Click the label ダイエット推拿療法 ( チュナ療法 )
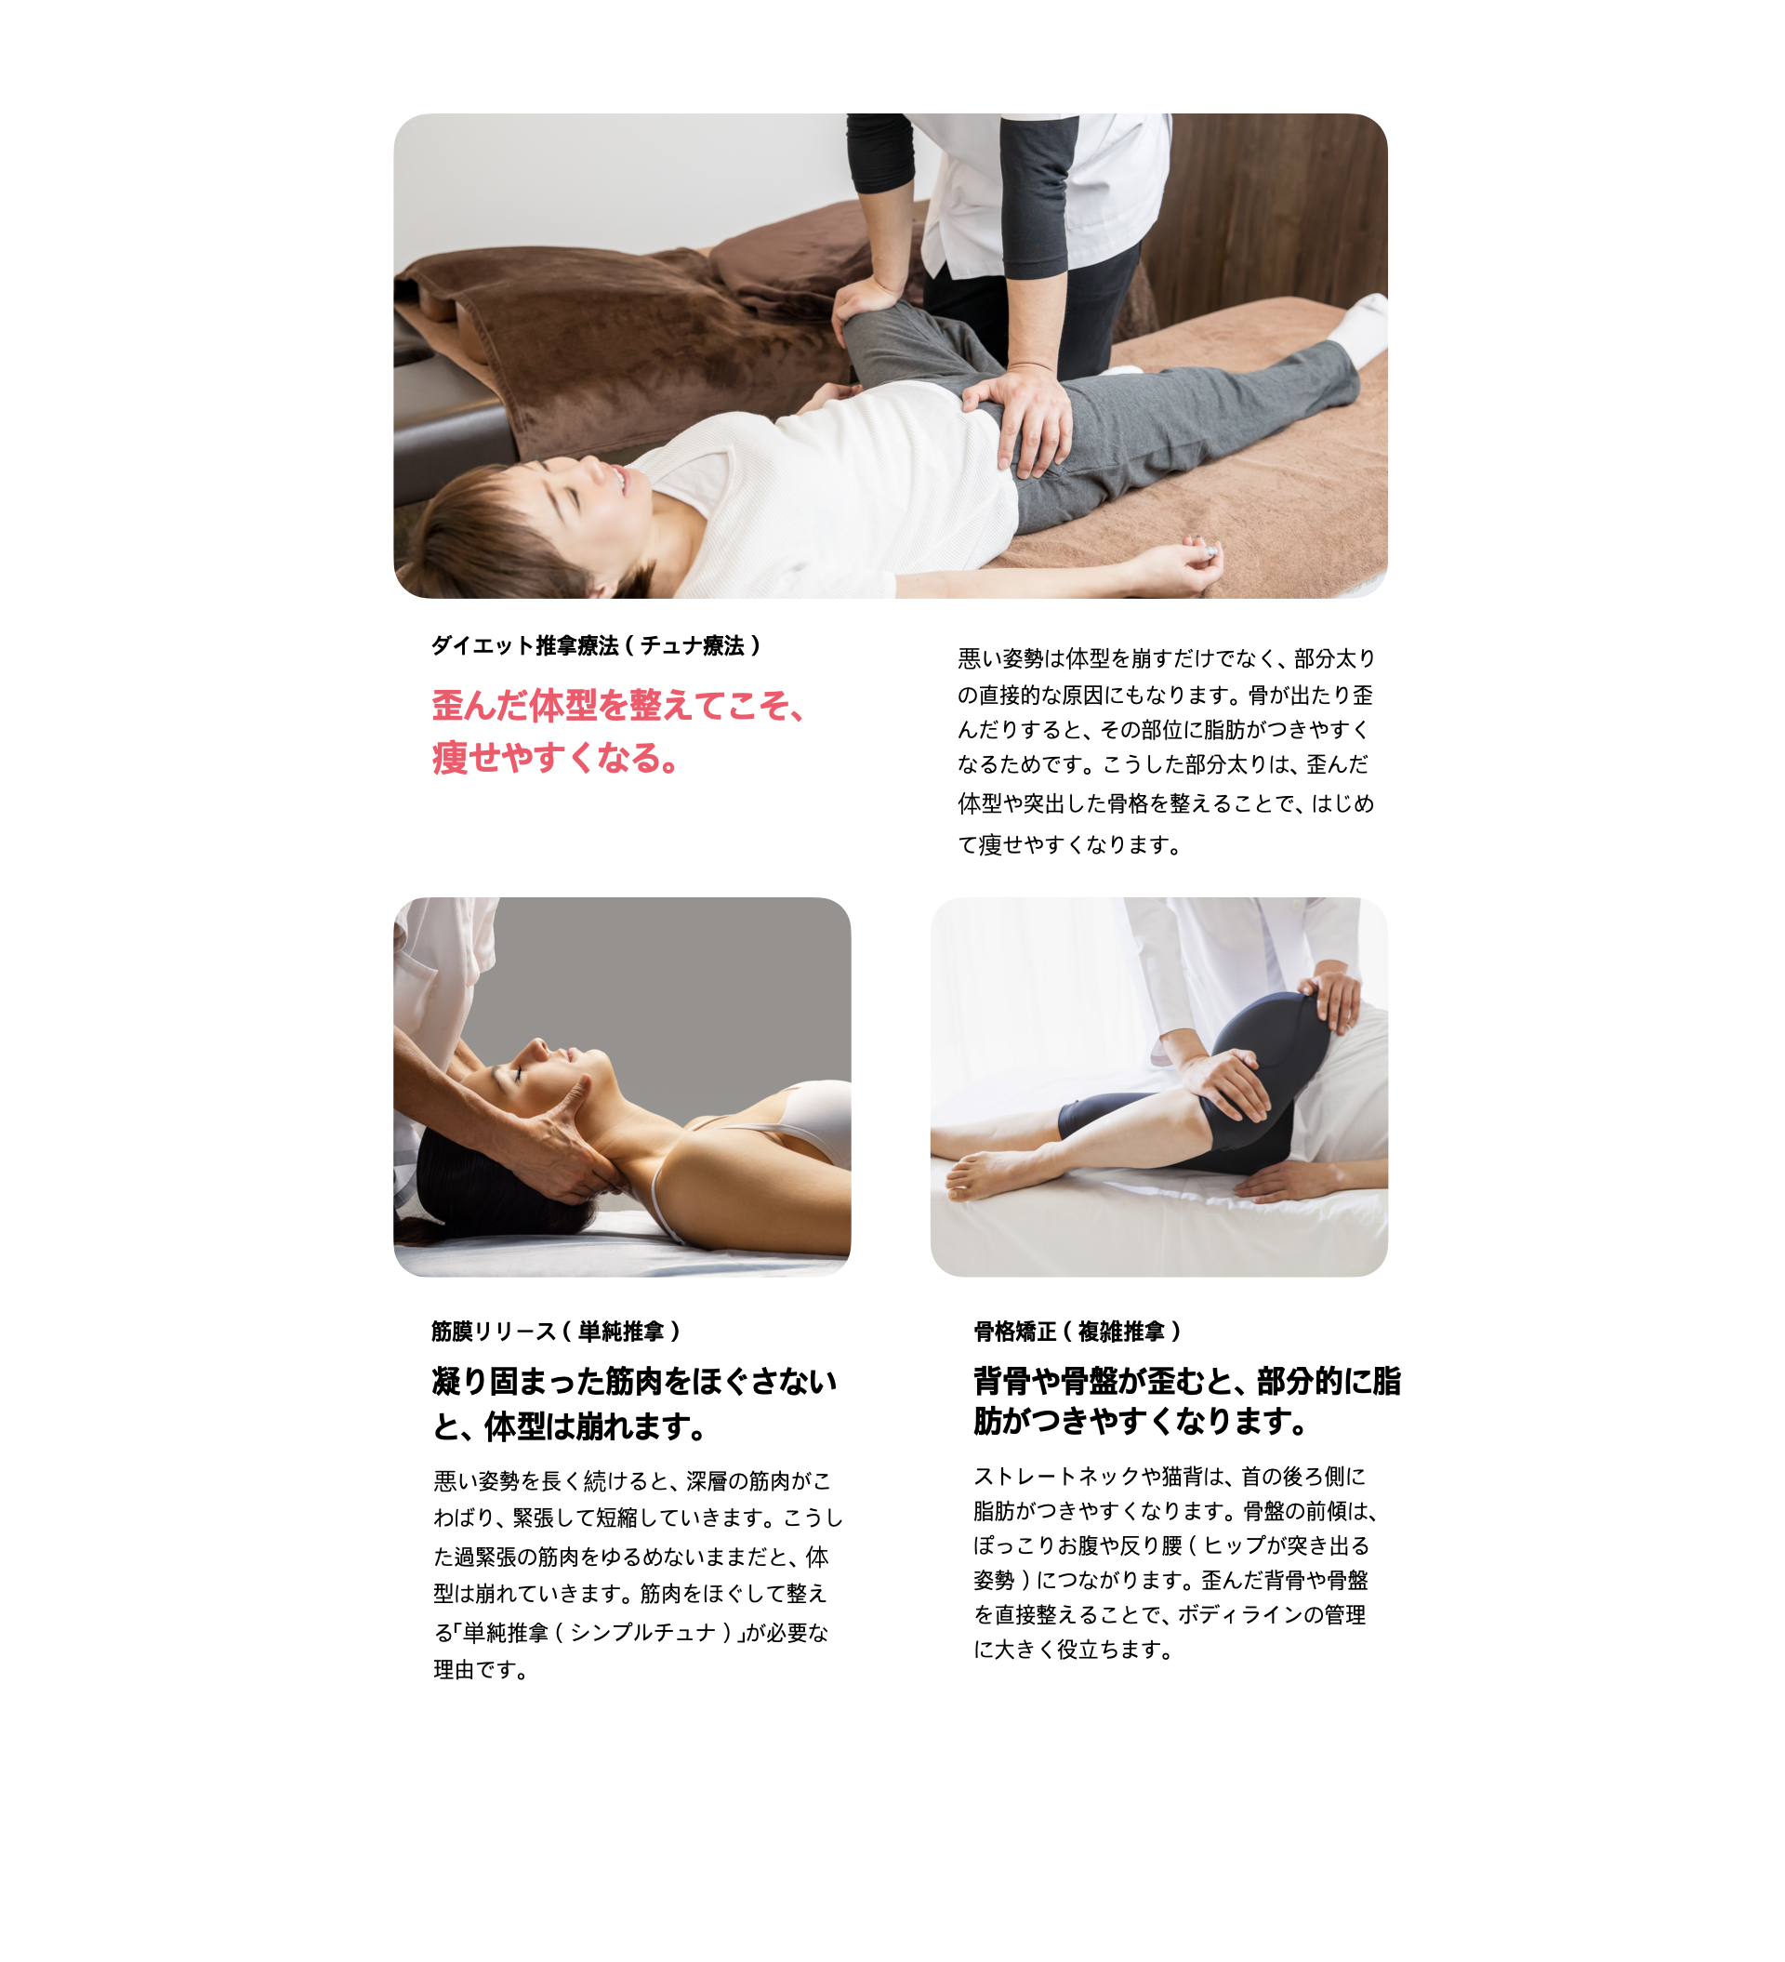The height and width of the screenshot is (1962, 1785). coord(596,645)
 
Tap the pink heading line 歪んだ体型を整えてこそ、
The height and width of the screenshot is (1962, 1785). coord(619,706)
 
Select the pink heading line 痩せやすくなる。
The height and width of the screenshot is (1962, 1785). coord(556,757)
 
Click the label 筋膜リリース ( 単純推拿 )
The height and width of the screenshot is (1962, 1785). coord(556,1331)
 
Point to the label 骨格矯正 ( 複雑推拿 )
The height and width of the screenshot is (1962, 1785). coord(1077,1331)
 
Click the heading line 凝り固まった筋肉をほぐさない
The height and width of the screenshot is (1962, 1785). coord(635,1381)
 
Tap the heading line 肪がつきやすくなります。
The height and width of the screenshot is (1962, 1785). coord(1141,1422)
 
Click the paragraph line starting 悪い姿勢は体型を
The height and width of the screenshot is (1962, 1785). coord(1166,659)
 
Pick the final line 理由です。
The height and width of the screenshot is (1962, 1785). coord(481,1670)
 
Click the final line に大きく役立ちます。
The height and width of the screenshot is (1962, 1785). coord(1074,1650)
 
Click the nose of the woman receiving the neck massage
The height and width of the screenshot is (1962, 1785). coord(536,1049)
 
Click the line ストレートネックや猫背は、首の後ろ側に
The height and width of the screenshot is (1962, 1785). coord(1170,1477)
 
